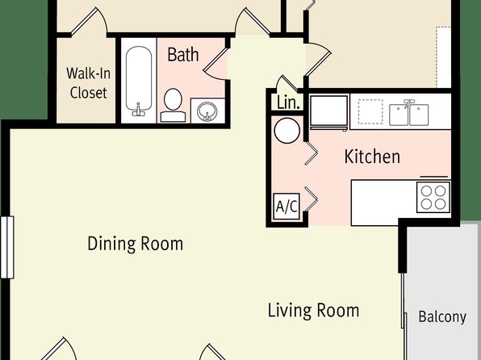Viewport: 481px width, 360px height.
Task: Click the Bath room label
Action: [183, 55]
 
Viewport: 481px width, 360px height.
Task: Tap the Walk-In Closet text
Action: [88, 83]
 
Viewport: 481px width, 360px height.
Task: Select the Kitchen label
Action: [372, 157]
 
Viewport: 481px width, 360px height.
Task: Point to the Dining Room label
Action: [136, 244]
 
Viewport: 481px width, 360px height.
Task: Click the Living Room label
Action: [313, 310]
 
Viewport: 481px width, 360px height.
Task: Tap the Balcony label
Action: [442, 316]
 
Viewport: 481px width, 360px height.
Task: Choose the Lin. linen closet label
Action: [288, 103]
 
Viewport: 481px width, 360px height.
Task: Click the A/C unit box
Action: [287, 207]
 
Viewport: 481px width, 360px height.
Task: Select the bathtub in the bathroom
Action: [139, 82]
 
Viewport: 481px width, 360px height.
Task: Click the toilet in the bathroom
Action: [173, 105]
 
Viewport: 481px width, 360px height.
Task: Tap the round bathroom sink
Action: [207, 111]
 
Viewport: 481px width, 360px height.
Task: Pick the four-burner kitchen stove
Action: [433, 197]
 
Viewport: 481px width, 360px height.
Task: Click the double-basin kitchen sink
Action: [408, 114]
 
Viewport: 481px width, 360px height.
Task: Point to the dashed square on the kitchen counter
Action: [370, 111]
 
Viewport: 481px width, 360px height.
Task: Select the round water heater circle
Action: [287, 131]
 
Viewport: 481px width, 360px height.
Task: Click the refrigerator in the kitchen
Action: [329, 112]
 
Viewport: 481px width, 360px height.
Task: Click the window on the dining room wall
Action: [7, 247]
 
